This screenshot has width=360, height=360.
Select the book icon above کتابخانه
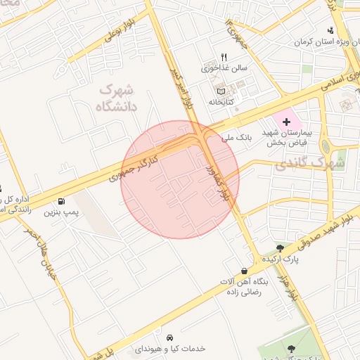pyautogui.click(x=221, y=91)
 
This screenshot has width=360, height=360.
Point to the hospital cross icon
pyautogui.click(x=286, y=122)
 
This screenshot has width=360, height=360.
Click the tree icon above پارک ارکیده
pyautogui.click(x=281, y=248)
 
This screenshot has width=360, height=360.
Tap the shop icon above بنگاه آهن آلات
pyautogui.click(x=244, y=270)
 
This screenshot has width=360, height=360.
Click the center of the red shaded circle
pyautogui.click(x=180, y=179)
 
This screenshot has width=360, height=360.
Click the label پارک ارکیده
pyautogui.click(x=281, y=259)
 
